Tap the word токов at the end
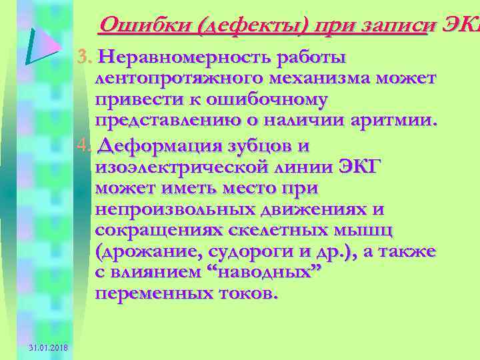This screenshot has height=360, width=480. click(241, 294)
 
